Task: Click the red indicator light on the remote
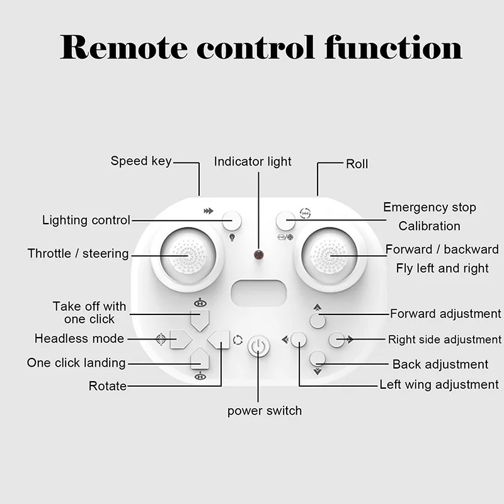point(258,255)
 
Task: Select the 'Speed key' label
point(140,161)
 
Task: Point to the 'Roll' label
point(357,164)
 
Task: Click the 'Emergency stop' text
point(430,207)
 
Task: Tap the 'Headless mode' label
point(79,338)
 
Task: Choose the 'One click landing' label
point(76,363)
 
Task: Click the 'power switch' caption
point(265,411)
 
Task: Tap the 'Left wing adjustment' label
point(439,384)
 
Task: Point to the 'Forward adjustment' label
point(445,313)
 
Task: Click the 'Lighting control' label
point(86,220)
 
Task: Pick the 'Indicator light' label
point(253,161)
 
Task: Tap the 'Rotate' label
point(107,386)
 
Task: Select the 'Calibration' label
point(430,226)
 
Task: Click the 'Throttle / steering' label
point(78,253)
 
